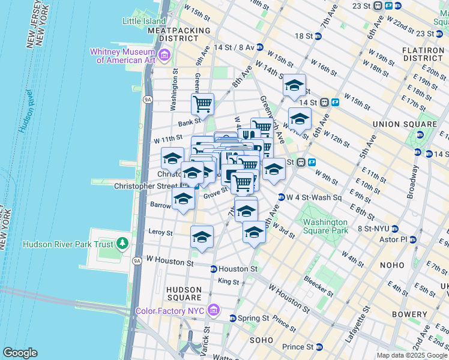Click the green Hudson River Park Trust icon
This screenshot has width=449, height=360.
[x=123, y=244]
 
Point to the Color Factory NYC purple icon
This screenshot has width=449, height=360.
[x=213, y=310]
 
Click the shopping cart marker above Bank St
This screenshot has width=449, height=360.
[x=202, y=104]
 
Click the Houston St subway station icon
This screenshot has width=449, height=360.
[x=214, y=269]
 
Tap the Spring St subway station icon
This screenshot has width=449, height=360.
[x=234, y=318]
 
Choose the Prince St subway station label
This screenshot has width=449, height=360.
[x=298, y=347]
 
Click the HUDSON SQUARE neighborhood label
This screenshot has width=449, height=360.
[x=184, y=293]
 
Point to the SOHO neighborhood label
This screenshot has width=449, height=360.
[x=262, y=340]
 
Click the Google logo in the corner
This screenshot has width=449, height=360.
[x=20, y=353]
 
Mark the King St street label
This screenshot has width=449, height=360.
[x=229, y=281]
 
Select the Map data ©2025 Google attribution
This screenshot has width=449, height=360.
[x=411, y=355]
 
